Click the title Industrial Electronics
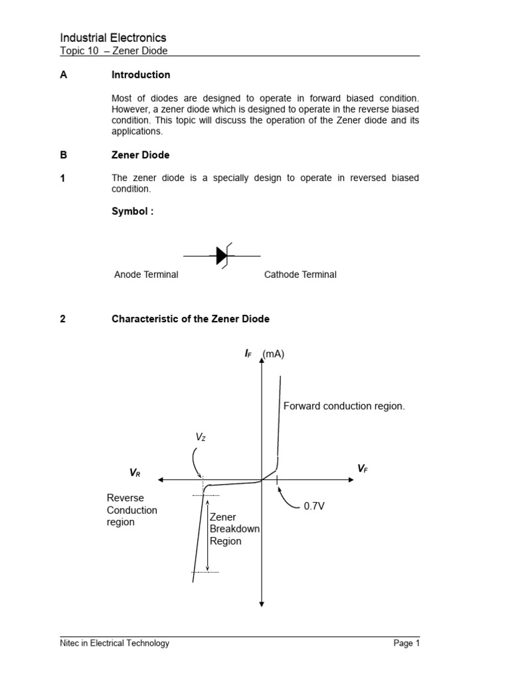(113, 38)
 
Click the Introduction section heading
(141, 75)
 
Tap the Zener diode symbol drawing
(222, 255)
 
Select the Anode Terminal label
(146, 275)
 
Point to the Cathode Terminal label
(300, 275)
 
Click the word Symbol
(132, 212)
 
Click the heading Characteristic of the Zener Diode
(191, 319)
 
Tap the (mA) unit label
(273, 354)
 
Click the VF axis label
(363, 469)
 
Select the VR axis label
(135, 473)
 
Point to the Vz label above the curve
(201, 437)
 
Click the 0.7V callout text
(314, 506)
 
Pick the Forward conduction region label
(344, 406)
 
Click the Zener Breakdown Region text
(226, 529)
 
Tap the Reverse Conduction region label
(132, 510)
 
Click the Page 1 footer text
(406, 643)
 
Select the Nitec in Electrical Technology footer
(114, 643)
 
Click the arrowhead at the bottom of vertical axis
(262, 603)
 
